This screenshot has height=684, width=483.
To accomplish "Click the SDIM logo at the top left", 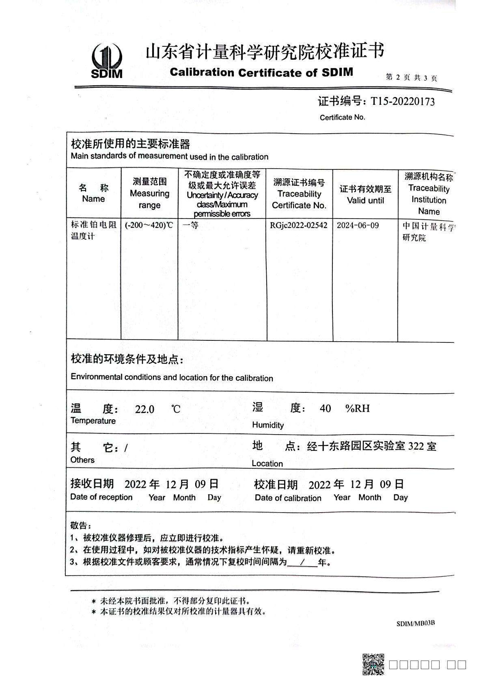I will click(107, 61).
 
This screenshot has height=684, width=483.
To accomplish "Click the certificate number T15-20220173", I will click(402, 102).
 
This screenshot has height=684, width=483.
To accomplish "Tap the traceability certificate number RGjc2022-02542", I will click(299, 225).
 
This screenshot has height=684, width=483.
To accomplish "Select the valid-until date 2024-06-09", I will click(358, 225).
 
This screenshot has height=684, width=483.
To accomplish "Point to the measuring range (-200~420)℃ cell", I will click(149, 225).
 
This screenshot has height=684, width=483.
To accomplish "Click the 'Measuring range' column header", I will click(149, 193).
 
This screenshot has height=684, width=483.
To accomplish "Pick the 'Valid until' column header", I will click(365, 195).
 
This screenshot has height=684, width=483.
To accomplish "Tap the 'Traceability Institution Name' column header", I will click(428, 194).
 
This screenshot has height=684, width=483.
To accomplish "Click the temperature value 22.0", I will click(144, 409).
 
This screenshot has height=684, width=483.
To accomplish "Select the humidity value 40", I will click(325, 408).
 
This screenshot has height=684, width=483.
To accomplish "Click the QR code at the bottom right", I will click(373, 664).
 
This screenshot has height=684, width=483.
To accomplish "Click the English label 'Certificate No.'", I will click(342, 117).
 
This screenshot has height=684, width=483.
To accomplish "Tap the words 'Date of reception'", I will click(101, 497).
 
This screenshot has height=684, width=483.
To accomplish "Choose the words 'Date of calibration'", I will click(288, 498).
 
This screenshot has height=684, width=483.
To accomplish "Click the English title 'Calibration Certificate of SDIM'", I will click(261, 73).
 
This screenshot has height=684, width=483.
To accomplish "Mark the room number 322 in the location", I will click(416, 446).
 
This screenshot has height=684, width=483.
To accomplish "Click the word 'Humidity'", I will click(268, 425).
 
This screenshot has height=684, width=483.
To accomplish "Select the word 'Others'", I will click(82, 460).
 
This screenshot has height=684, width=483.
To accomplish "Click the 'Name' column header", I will click(93, 193).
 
